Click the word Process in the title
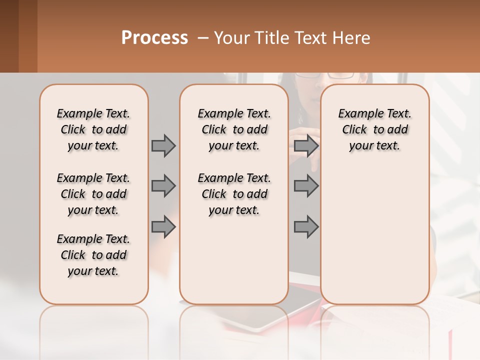pos(154,38)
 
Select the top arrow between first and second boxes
pos(163,145)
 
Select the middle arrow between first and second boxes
pos(163,186)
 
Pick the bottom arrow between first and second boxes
pos(163,227)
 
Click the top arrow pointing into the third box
pos(306,145)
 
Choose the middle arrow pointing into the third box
pos(306,186)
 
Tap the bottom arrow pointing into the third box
pos(306,227)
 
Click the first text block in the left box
pos(93,129)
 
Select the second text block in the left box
pos(93,194)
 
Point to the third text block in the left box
pos(93,255)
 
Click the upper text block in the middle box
pos(234,129)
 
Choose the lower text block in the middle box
pos(234,194)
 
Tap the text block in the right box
pos(374,129)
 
